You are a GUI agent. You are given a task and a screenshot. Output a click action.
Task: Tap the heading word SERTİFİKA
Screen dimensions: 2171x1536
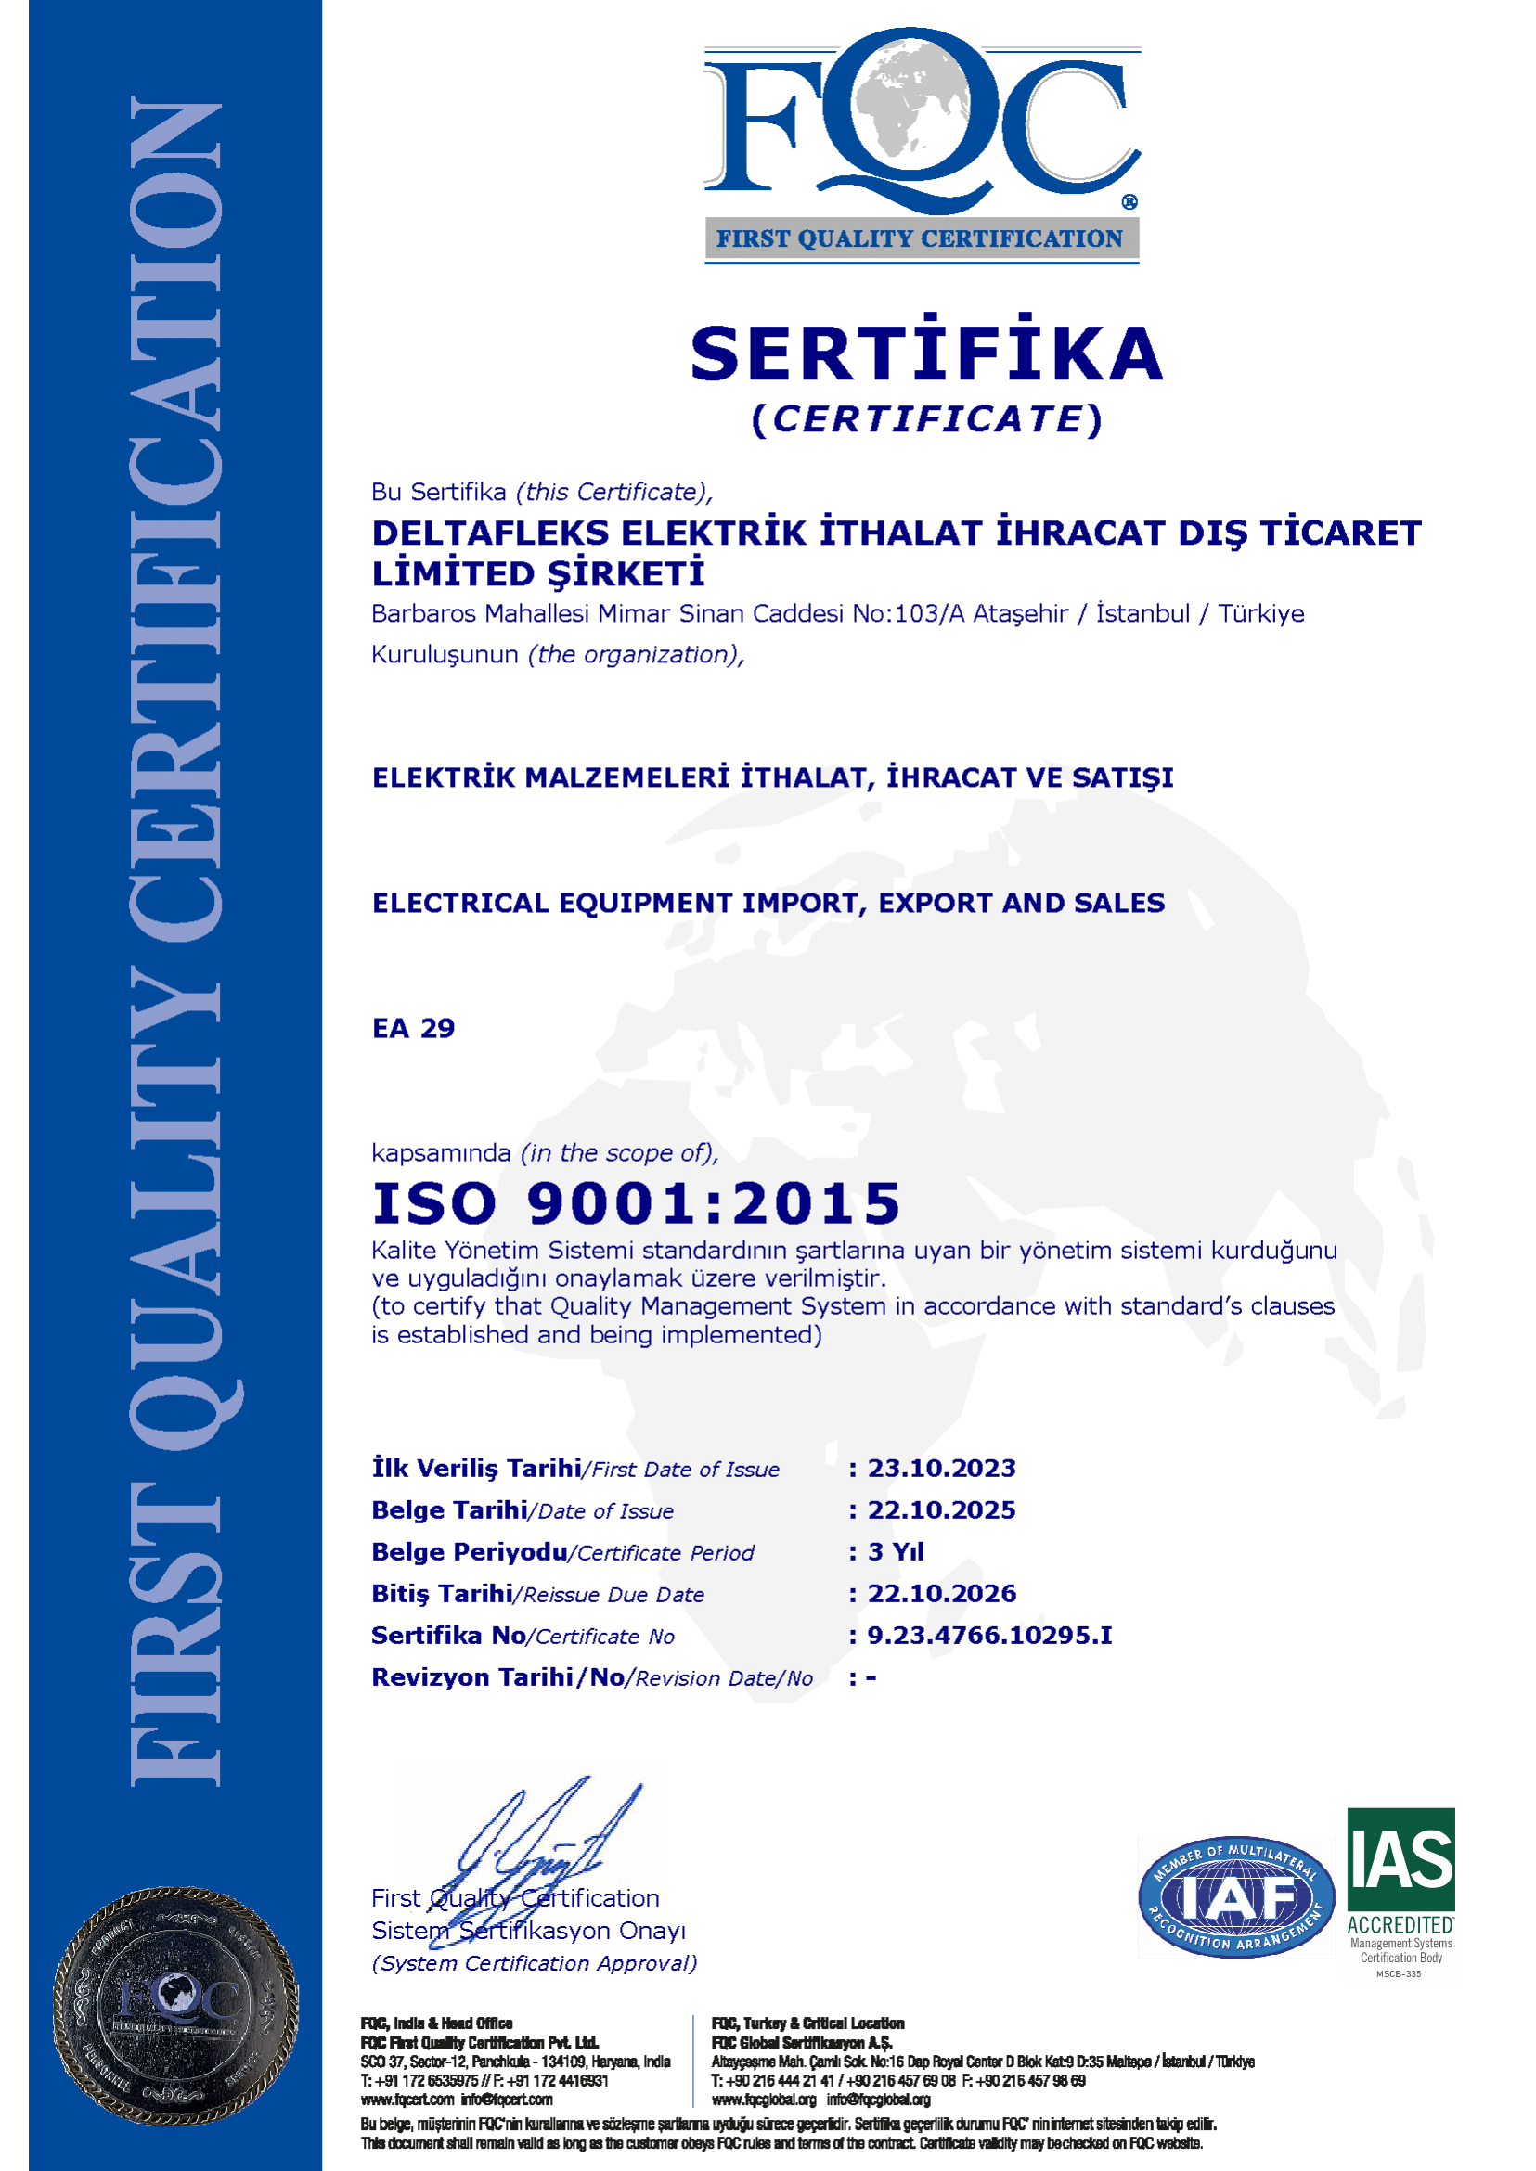(x=926, y=353)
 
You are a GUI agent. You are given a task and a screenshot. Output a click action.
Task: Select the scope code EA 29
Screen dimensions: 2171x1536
(x=413, y=1029)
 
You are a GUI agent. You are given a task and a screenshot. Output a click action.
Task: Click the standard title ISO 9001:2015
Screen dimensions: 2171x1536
(x=636, y=1203)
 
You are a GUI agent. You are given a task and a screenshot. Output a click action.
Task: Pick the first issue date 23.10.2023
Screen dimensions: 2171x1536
(x=941, y=1469)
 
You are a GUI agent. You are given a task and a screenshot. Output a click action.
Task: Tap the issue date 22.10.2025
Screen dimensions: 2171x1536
(x=941, y=1510)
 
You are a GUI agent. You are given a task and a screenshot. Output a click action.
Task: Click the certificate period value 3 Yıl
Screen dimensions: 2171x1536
(x=895, y=1551)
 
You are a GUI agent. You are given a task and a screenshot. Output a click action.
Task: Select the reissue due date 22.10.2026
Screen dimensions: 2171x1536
(x=941, y=1593)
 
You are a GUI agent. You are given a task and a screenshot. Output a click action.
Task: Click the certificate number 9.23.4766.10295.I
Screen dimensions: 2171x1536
(x=989, y=1635)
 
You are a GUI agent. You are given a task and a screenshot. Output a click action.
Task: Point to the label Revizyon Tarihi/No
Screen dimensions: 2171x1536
(x=497, y=1677)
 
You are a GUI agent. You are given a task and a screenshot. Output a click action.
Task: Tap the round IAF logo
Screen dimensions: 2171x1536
(x=1235, y=1895)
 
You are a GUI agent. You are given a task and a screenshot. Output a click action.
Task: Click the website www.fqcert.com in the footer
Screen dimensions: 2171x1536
(x=407, y=2100)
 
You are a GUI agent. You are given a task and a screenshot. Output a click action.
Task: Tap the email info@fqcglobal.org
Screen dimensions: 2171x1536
(x=879, y=2100)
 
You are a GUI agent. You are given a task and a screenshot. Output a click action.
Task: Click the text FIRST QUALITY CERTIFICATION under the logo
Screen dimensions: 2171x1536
(x=920, y=239)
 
